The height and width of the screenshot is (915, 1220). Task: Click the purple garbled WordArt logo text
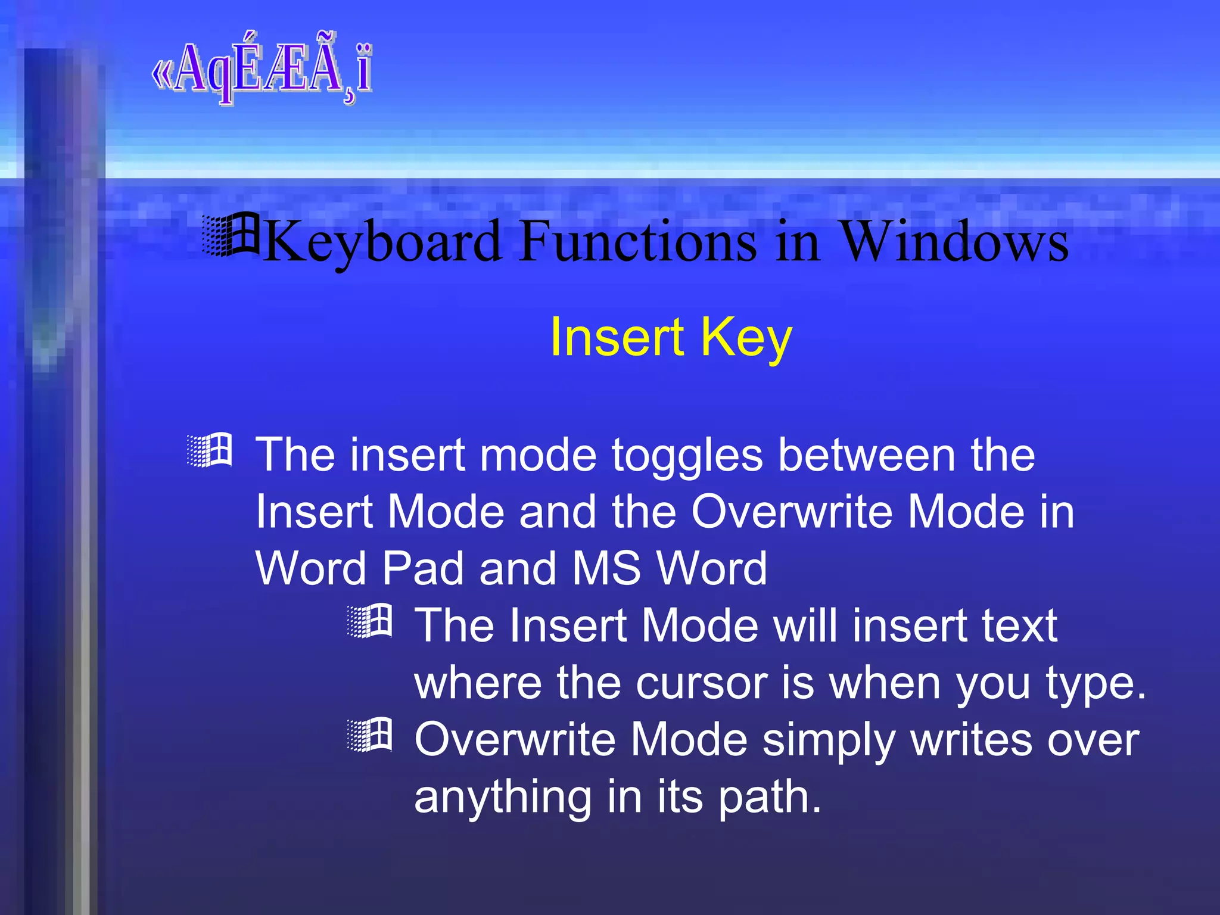[x=262, y=70]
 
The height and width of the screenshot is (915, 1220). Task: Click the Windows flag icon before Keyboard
[x=231, y=235]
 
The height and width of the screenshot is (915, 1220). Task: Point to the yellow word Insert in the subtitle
[x=617, y=337]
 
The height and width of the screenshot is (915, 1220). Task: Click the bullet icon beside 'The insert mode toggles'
[x=209, y=451]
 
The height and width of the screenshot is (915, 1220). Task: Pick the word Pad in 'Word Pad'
[x=422, y=568]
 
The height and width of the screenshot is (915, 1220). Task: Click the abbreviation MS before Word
[x=607, y=568]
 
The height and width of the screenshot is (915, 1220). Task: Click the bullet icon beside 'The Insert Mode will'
[x=370, y=621]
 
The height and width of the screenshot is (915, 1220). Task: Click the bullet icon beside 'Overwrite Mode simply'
[x=370, y=735]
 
